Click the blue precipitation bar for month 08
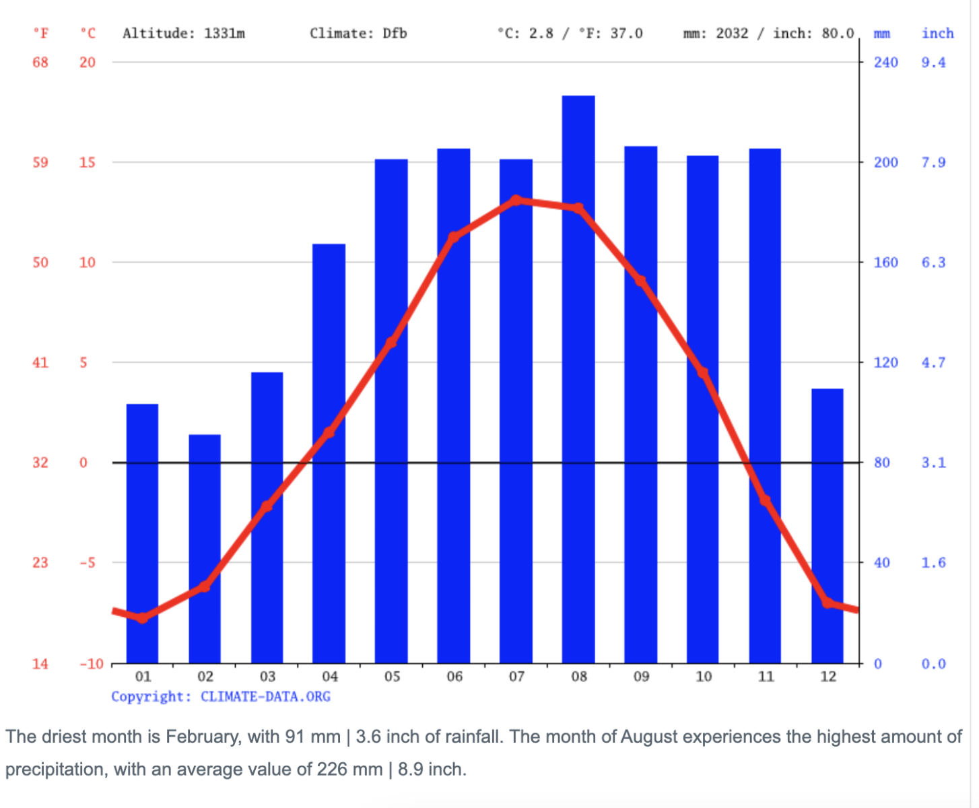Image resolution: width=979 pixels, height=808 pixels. (578, 379)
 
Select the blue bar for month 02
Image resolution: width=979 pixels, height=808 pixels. (205, 549)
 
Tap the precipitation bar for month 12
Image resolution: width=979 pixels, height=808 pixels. (827, 526)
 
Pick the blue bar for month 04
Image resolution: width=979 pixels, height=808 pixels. (329, 453)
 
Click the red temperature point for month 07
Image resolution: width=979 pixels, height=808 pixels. (516, 200)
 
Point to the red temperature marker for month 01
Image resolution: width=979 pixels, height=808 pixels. (143, 617)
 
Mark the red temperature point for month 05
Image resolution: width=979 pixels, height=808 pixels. (391, 342)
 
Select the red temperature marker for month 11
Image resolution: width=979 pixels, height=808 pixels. (765, 500)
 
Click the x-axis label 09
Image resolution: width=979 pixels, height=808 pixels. (641, 676)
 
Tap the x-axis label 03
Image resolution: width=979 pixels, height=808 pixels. (267, 676)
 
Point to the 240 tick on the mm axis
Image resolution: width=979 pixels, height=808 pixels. (885, 63)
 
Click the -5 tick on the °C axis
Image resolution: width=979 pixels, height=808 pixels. (88, 562)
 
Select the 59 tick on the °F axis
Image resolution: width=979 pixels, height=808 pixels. (40, 162)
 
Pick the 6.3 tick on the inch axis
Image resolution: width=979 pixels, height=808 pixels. (933, 262)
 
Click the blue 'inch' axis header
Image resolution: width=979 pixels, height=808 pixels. (938, 33)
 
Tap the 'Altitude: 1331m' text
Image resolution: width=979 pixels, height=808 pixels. (184, 33)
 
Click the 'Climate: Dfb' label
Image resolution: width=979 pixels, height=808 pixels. (358, 33)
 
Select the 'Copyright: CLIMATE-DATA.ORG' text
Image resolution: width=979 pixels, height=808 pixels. (221, 696)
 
